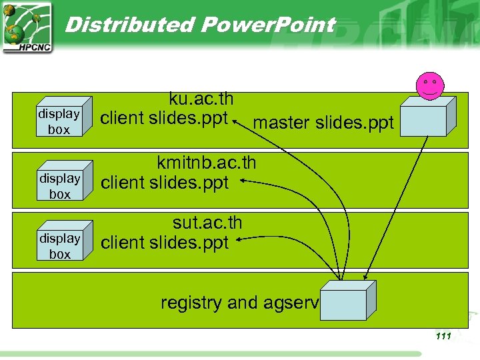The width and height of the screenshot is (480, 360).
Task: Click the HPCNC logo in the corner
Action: (x=27, y=27)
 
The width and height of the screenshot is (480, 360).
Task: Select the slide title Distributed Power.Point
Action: (x=200, y=25)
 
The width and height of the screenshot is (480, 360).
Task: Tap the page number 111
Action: (x=443, y=336)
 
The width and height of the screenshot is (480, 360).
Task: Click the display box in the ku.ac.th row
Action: (x=59, y=121)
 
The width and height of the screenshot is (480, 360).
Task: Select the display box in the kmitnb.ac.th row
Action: (x=59, y=186)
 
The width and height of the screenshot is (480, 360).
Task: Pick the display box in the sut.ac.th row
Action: (x=59, y=246)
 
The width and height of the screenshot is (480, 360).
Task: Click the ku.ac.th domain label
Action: (x=201, y=99)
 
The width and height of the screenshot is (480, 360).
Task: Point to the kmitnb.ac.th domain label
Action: (x=206, y=163)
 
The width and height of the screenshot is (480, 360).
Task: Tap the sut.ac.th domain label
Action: (x=207, y=223)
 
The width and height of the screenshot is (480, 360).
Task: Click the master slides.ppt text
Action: (x=323, y=123)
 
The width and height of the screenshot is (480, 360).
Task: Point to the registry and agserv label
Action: (x=240, y=303)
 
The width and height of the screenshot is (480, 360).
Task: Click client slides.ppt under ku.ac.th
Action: (x=164, y=118)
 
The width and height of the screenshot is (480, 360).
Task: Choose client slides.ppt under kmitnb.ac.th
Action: (x=164, y=182)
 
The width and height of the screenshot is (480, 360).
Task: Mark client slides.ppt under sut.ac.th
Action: (x=164, y=243)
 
